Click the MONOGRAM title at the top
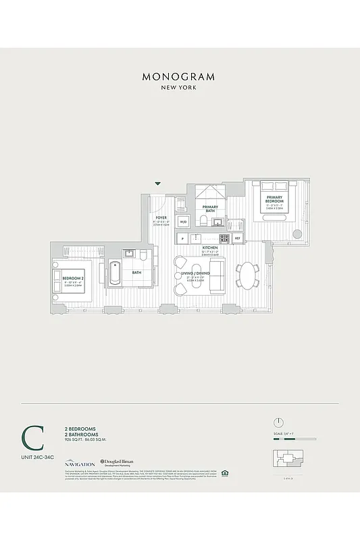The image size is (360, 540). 178,76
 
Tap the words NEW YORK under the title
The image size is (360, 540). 178,88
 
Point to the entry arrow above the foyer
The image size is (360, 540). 158,184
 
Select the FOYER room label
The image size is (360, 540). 161,218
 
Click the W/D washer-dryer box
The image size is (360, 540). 183,221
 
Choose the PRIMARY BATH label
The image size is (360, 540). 209,208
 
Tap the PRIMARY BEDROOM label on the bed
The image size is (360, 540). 274,200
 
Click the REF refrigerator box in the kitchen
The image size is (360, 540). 237,238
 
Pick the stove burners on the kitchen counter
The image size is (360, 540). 224,238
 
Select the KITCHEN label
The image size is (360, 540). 210,248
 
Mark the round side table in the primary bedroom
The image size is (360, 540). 297,235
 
